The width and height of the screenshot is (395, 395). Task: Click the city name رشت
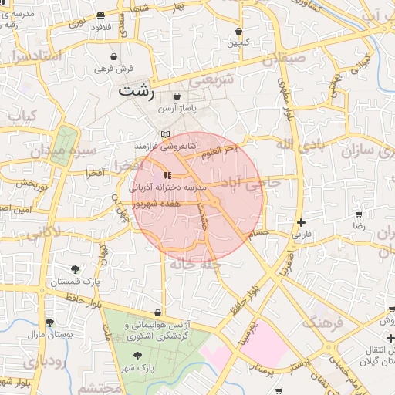(137, 92)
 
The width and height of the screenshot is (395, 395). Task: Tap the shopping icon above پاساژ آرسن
(177, 96)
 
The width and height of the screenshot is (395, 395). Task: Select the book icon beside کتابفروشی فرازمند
(164, 134)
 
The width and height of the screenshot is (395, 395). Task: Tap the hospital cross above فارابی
(301, 221)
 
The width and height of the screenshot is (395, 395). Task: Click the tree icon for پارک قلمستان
(75, 269)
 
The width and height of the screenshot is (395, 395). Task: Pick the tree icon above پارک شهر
(137, 356)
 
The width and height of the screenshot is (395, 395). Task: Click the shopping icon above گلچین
(238, 32)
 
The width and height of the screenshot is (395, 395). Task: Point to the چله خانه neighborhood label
(196, 265)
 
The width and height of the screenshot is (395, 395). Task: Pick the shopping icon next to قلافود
(101, 15)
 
